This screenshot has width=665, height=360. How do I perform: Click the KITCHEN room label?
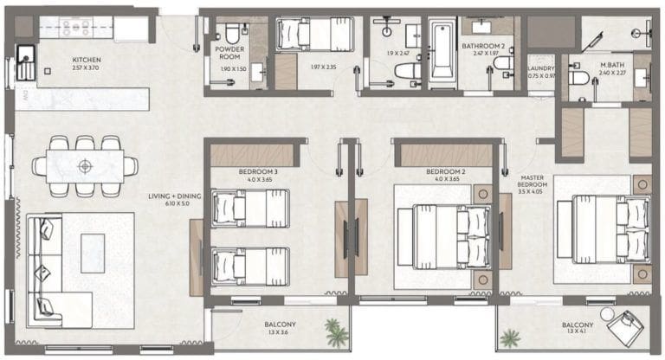point(87,60)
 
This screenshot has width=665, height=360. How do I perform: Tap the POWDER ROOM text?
point(230,54)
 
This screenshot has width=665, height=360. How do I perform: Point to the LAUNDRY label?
point(541,67)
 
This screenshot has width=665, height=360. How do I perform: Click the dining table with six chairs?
point(85,164)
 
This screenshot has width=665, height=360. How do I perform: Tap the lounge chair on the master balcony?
point(625,328)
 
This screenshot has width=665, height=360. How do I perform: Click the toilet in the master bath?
point(579,79)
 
